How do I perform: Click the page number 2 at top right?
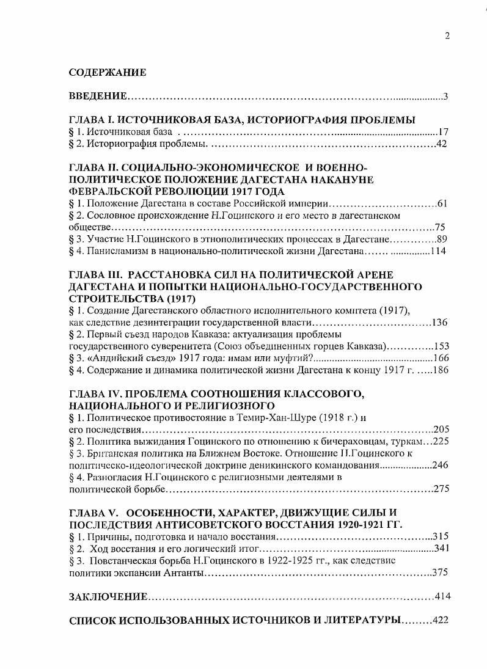(447, 35)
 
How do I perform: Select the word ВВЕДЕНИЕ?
(97, 97)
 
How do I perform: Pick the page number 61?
(444, 203)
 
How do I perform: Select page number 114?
(439, 251)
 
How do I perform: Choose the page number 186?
(441, 370)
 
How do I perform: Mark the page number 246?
(441, 465)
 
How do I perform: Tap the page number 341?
(441, 548)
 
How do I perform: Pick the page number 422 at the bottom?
(440, 620)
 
